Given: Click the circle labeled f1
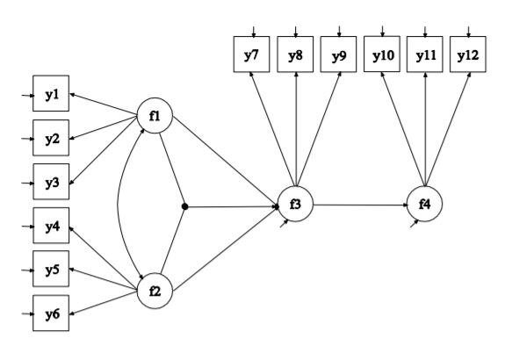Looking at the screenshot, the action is [x=155, y=116].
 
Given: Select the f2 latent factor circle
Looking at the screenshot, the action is [x=155, y=292].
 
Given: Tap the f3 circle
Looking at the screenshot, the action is [x=295, y=205].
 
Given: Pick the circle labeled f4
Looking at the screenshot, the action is [x=424, y=205].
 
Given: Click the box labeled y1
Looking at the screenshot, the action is [x=51, y=93].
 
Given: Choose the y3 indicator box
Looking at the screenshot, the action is [x=51, y=181].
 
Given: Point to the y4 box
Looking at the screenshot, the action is [x=51, y=226].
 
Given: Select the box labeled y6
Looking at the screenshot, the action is [x=51, y=313].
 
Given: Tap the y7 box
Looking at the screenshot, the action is [x=251, y=54].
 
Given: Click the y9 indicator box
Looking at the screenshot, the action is [x=338, y=54].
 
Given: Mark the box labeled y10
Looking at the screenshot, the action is [x=382, y=54].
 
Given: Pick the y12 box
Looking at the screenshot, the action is [x=468, y=54].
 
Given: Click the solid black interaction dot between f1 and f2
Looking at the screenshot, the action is [x=184, y=206].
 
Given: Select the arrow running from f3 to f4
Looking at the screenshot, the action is [x=360, y=205].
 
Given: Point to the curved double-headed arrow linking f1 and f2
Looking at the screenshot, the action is [x=119, y=204].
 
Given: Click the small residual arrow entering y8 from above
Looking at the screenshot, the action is [x=296, y=32].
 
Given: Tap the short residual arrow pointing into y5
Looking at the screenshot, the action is [x=28, y=270].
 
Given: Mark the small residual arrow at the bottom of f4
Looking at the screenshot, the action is [x=415, y=224].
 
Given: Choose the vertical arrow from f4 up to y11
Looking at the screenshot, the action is [x=425, y=129].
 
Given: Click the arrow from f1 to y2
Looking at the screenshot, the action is [x=104, y=128].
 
